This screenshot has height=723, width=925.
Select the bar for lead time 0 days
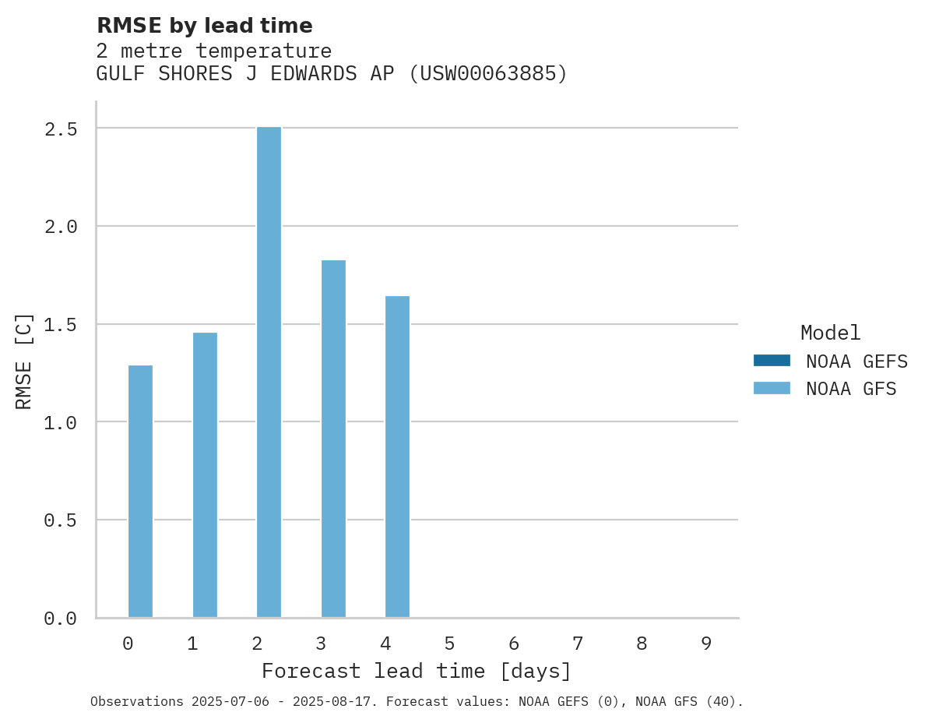tap(140, 491)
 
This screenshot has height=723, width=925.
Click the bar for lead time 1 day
tap(205, 475)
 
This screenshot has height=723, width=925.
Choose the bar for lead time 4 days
tap(397, 457)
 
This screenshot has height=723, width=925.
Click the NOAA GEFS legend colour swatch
tap(772, 361)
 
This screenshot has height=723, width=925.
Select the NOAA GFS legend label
tap(851, 389)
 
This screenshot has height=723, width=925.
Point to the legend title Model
tap(830, 333)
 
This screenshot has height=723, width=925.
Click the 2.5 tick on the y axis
tap(61, 129)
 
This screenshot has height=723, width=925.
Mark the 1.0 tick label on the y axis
tap(61, 422)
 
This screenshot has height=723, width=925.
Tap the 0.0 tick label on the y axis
tap(61, 619)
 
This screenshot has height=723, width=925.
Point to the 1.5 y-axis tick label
tap(61, 324)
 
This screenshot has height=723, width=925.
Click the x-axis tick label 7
tap(577, 644)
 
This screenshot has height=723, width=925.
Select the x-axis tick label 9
tap(705, 644)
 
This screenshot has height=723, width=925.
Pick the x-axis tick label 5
tap(449, 644)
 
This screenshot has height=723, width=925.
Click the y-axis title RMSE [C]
tap(24, 361)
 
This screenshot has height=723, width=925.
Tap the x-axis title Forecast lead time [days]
tap(417, 671)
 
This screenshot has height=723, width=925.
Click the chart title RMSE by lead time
tap(204, 26)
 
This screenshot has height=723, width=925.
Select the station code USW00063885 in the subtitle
tap(488, 74)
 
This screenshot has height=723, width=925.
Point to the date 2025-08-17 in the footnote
tap(335, 702)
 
